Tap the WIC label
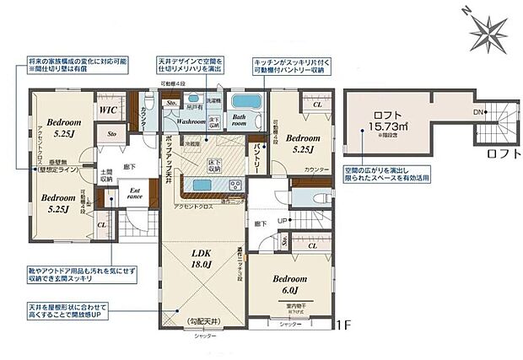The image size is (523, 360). click(107, 110)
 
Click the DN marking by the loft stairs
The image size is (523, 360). click(478, 110)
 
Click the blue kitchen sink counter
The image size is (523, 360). click(204, 184)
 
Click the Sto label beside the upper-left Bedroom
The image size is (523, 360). click(111, 132)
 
